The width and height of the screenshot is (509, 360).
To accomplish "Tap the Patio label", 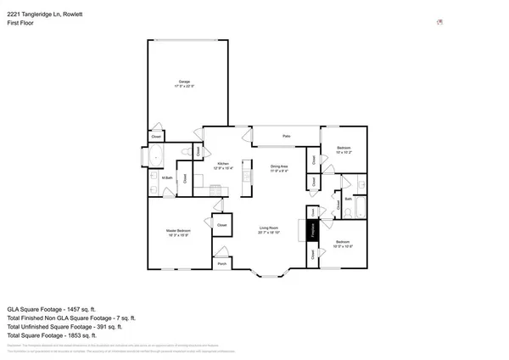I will tap(287, 136).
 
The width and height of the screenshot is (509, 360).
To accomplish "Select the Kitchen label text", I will tap(223, 163).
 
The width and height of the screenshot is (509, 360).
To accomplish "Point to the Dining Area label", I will tap(279, 166).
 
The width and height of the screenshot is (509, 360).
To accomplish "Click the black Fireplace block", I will tap(310, 230).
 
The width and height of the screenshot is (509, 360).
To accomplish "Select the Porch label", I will tap(221, 263).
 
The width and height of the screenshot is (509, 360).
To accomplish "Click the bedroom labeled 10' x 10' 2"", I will tap(343, 150).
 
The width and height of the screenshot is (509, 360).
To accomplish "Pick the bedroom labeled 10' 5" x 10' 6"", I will tap(343, 244).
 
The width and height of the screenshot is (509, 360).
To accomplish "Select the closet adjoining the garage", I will tap(157, 136).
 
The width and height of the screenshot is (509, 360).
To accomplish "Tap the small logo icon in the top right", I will tap(439, 23).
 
